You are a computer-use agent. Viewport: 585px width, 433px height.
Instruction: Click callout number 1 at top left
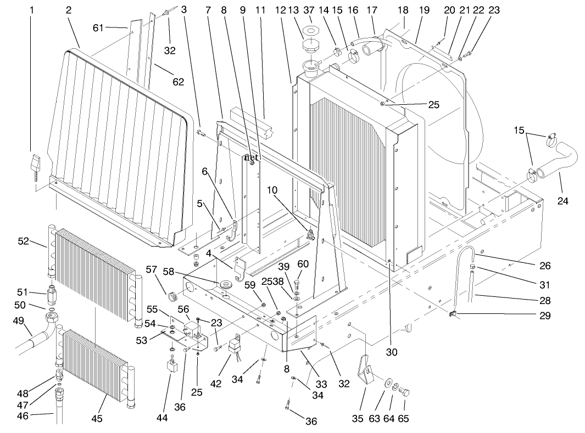click(31, 10)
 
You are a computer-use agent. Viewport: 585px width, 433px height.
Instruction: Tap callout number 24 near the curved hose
click(562, 201)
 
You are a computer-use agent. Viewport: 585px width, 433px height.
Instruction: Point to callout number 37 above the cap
click(310, 10)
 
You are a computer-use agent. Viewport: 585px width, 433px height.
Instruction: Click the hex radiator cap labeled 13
click(310, 43)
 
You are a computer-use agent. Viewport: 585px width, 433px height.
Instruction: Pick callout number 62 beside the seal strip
click(179, 82)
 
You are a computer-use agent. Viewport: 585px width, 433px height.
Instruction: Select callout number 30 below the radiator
click(391, 352)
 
